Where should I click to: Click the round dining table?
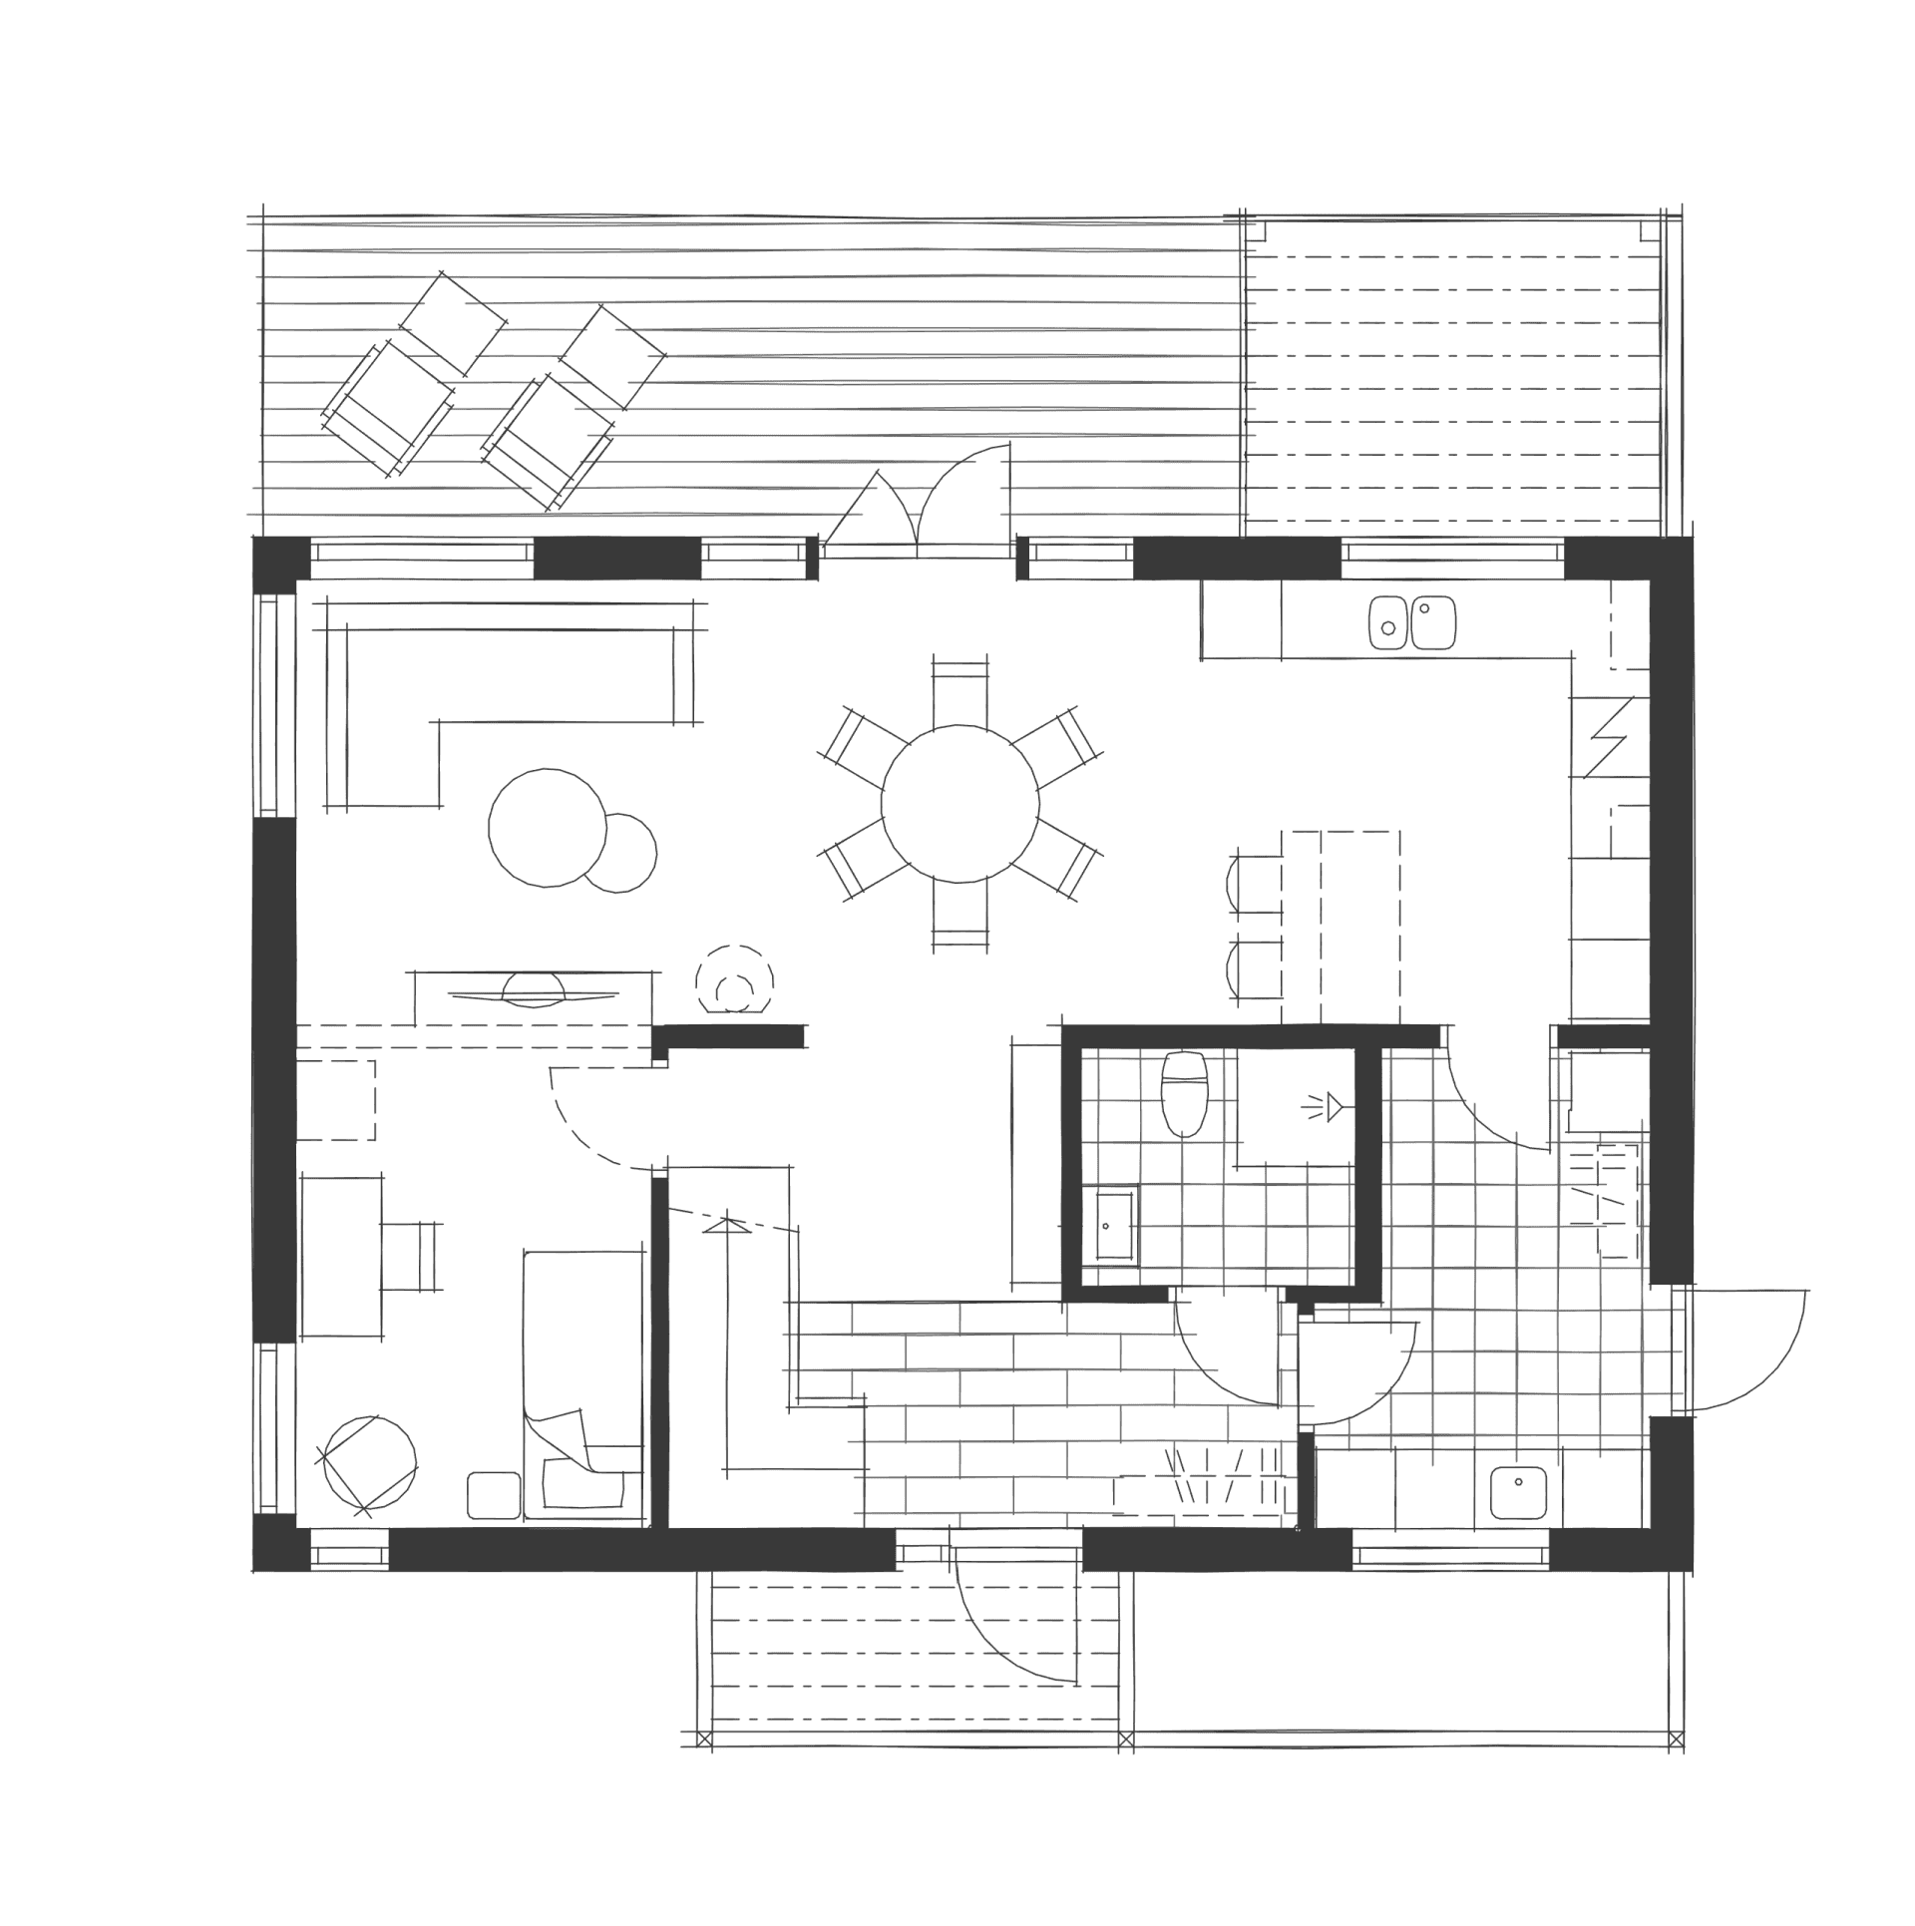[959, 804]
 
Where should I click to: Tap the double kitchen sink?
[1411, 623]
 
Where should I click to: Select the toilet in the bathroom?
[1184, 1095]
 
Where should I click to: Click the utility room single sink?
[1518, 1492]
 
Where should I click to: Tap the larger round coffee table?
[547, 827]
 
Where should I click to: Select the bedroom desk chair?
[411, 1257]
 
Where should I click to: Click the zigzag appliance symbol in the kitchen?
[1607, 738]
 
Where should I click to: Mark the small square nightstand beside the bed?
[493, 1495]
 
